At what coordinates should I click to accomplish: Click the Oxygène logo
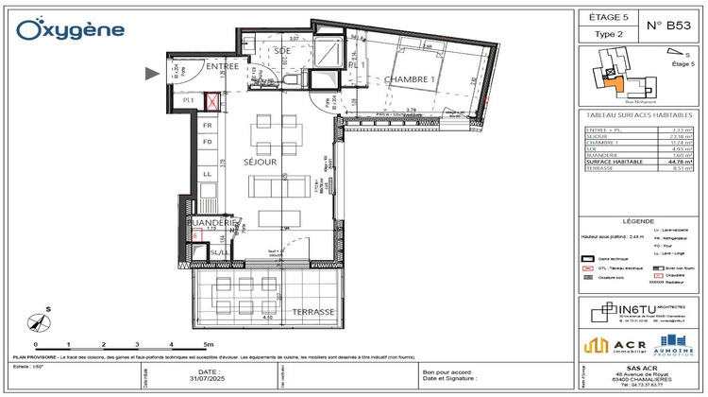[x=71, y=29]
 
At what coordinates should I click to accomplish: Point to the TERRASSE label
[x=313, y=311]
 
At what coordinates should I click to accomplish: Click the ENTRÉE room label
[x=223, y=66]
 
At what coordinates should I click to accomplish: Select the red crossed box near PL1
[x=214, y=99]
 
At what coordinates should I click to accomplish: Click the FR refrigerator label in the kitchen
[x=206, y=125]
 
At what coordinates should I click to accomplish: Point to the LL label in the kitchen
[x=206, y=175]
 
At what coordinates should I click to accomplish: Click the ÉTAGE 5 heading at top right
[x=607, y=17]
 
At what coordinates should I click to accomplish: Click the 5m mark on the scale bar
[x=208, y=346]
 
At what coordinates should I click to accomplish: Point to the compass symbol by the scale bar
[x=36, y=319]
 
